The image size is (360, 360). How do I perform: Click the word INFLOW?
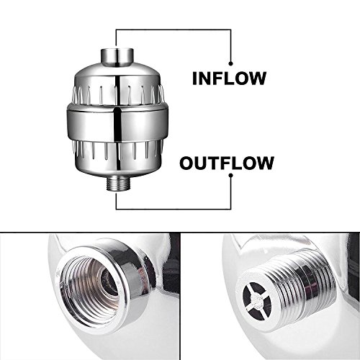(x=229, y=78)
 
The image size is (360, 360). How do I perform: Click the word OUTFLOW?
(x=227, y=163)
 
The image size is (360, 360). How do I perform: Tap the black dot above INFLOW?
(x=231, y=63)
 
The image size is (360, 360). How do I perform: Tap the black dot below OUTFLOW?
(x=231, y=176)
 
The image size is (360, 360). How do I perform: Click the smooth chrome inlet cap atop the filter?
(x=117, y=57)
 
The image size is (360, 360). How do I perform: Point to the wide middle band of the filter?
(x=117, y=124)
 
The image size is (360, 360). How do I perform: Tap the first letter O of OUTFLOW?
(x=187, y=163)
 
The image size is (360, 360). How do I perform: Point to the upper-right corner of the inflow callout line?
(x=231, y=30)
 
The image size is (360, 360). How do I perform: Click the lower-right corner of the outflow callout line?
(x=231, y=210)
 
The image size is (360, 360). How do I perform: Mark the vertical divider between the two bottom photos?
(x=180, y=296)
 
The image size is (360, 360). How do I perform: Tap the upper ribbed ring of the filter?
(x=117, y=96)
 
